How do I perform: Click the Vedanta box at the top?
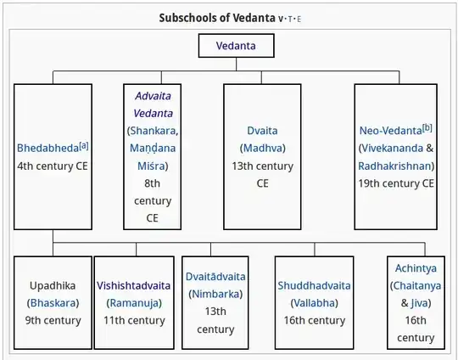(237, 46)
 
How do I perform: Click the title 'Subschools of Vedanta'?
(217, 18)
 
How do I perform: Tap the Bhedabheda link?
(47, 148)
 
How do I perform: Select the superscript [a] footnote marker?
(84, 145)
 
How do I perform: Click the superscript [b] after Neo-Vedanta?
(427, 128)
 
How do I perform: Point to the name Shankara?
(153, 131)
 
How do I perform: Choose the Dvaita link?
(262, 131)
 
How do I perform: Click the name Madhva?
(262, 148)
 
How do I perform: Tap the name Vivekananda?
(393, 148)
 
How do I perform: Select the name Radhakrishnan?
(394, 166)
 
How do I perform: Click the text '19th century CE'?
(396, 183)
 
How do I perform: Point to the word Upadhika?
(53, 285)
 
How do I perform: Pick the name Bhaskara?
(53, 303)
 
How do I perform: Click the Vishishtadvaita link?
(134, 285)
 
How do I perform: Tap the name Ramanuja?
(134, 303)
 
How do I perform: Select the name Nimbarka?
(215, 294)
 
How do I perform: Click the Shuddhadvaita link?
(315, 285)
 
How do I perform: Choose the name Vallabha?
(315, 303)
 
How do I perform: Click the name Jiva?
(419, 303)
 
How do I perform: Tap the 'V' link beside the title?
(281, 20)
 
